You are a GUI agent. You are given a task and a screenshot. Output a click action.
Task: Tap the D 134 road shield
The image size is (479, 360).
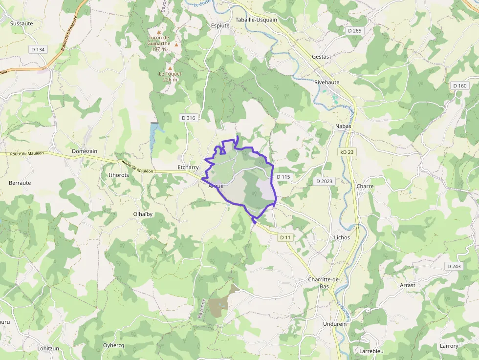click(38, 49)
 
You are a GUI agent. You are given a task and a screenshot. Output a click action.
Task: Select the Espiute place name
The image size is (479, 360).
click(220, 25)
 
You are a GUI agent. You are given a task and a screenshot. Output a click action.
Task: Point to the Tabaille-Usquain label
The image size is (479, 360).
click(256, 20)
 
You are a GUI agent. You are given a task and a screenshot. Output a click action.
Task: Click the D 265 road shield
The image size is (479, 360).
click(355, 30)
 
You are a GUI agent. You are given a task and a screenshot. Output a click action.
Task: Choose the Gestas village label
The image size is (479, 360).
click(321, 57)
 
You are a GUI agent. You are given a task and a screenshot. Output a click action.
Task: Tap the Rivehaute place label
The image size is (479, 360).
click(327, 83)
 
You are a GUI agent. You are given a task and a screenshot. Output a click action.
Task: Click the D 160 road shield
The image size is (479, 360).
click(460, 85)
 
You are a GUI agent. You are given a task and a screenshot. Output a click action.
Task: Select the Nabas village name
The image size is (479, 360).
click(343, 126)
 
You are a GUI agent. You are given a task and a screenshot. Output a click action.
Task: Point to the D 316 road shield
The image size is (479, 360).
click(188, 118)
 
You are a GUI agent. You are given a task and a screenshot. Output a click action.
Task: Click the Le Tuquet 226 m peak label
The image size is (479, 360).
click(170, 77)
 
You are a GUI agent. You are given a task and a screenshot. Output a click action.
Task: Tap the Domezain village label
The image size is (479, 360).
click(85, 151)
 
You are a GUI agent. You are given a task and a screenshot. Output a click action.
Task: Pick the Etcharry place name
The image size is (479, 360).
click(188, 167)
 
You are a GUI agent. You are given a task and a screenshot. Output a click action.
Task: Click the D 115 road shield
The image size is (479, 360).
click(283, 176)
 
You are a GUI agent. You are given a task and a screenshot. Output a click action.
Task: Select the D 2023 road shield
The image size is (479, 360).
click(324, 181)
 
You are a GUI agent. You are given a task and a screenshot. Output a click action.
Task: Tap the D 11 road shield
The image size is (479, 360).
click(285, 237)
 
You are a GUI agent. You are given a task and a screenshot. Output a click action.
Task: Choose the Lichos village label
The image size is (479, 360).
click(342, 237)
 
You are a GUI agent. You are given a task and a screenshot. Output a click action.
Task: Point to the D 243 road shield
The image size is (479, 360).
click(454, 266)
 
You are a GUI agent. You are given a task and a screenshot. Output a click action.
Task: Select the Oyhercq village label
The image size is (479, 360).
click(114, 345)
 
